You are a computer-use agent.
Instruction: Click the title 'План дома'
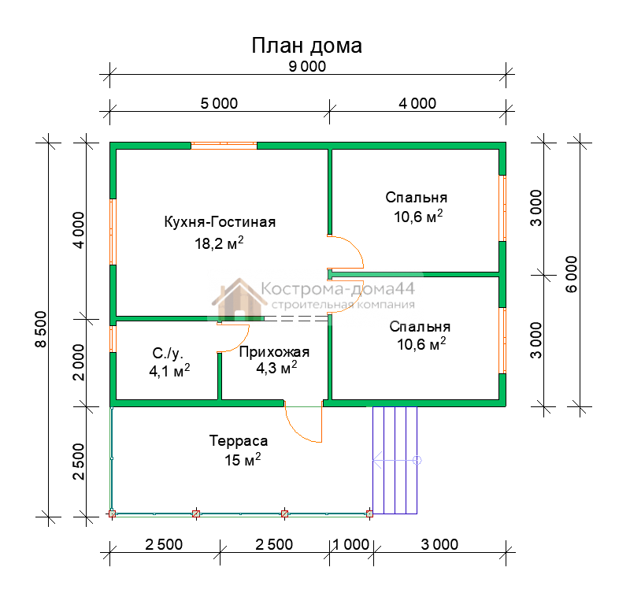306,46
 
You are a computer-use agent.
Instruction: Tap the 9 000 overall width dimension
307,67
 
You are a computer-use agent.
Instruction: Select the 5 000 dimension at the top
219,104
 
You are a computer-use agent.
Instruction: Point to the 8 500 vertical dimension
41,328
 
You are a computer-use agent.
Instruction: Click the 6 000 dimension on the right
572,274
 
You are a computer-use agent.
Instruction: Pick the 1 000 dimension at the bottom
350,545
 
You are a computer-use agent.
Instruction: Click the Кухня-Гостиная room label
220,222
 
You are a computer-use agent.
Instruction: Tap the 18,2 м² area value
219,243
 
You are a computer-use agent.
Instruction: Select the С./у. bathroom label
168,354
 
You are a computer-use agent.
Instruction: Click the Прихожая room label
274,352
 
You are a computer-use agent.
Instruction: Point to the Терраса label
239,441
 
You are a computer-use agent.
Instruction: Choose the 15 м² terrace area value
243,459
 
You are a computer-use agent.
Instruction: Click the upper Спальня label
417,198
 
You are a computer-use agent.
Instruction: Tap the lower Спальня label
420,327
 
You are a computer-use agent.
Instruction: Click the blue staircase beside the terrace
395,460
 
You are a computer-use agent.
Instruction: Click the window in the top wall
224,146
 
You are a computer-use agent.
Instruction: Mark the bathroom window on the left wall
113,339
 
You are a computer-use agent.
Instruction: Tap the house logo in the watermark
239,298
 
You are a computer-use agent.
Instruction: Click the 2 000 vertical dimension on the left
79,362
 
